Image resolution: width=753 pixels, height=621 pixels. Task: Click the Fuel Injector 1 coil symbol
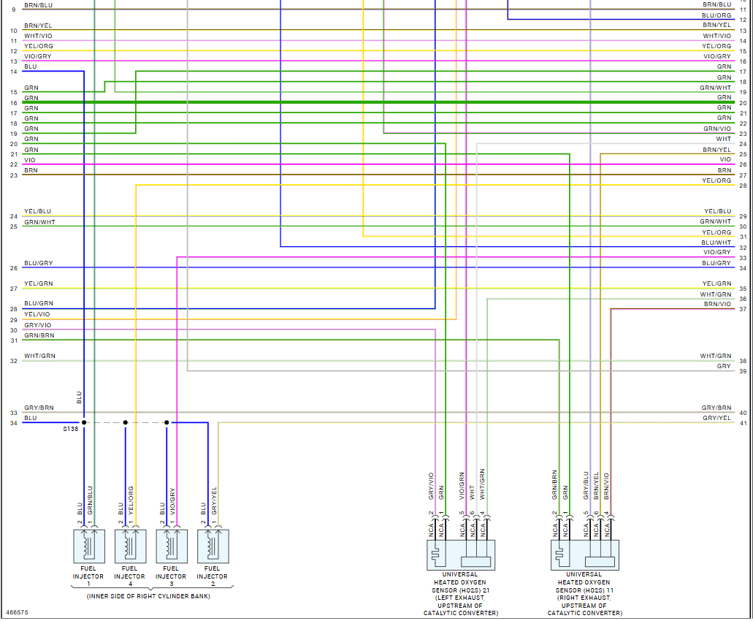click(88, 545)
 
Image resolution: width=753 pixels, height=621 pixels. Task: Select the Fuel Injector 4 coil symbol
click(129, 545)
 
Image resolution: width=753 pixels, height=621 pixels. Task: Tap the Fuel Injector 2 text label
click(212, 572)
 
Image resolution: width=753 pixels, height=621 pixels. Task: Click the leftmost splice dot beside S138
click(84, 422)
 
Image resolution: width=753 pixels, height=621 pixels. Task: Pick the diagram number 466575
click(17, 612)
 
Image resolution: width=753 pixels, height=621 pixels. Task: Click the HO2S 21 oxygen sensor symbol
click(461, 555)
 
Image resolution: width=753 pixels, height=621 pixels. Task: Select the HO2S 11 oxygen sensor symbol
click(585, 555)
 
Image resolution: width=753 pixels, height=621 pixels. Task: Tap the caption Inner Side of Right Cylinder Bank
click(148, 596)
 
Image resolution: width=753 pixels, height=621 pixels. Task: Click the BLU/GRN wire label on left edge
click(38, 303)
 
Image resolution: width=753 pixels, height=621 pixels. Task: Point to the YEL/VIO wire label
click(37, 314)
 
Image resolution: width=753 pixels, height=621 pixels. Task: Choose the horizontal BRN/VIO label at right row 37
click(717, 304)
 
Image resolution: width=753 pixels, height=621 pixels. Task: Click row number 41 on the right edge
click(743, 423)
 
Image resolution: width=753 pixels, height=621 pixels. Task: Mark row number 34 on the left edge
click(13, 423)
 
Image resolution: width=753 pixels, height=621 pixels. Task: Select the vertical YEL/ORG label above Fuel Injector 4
click(131, 501)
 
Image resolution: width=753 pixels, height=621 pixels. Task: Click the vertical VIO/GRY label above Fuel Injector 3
click(172, 501)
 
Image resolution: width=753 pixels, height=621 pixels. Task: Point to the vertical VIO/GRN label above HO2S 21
click(462, 484)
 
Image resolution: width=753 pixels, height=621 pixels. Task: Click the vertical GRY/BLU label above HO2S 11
click(586, 484)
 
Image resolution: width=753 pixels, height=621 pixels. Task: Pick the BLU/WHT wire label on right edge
click(716, 243)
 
